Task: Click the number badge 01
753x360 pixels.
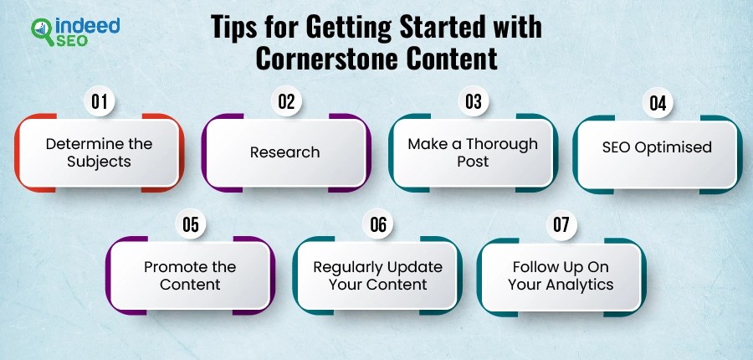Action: [100, 102]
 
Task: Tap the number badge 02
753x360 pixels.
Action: [287, 102]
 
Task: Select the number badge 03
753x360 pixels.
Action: [474, 102]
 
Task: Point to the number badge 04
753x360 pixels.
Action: [658, 105]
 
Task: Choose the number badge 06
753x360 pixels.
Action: [379, 224]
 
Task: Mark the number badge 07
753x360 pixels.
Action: [561, 224]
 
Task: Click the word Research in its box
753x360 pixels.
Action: [284, 152]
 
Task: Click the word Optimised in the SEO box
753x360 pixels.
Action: [673, 147]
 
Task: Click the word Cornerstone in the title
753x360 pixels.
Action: [309, 60]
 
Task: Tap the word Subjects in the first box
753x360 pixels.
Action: [99, 161]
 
